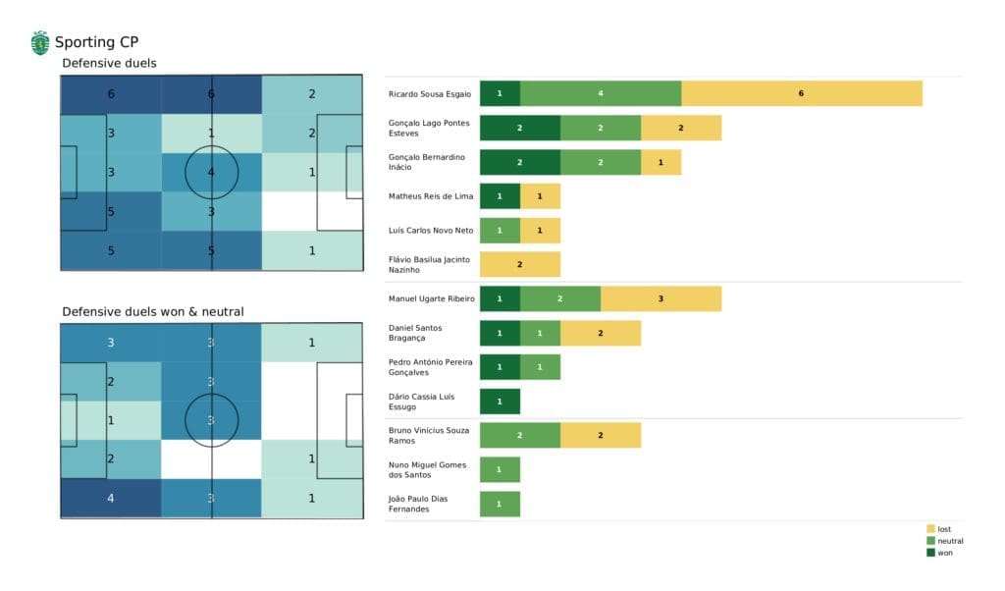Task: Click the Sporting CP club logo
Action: (x=40, y=42)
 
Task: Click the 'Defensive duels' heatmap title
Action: (x=109, y=64)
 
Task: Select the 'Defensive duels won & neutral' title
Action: (x=153, y=311)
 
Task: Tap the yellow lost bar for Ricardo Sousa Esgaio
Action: (x=801, y=93)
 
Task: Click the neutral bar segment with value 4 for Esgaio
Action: (x=600, y=93)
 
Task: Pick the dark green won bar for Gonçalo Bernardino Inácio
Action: (x=519, y=162)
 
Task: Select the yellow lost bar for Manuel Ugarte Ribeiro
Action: (x=661, y=298)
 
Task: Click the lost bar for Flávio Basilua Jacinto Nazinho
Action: (x=519, y=264)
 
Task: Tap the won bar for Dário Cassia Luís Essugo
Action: (x=500, y=402)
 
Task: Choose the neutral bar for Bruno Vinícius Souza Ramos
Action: (x=519, y=435)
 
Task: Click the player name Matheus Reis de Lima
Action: (x=431, y=196)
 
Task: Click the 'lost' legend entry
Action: (x=943, y=529)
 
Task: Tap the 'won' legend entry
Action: (x=943, y=553)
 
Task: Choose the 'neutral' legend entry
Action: (x=948, y=541)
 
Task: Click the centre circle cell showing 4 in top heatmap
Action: (x=211, y=173)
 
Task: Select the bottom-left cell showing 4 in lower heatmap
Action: (x=110, y=498)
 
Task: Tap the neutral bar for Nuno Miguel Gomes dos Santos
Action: (x=500, y=469)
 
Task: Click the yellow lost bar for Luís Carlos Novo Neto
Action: (x=540, y=231)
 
